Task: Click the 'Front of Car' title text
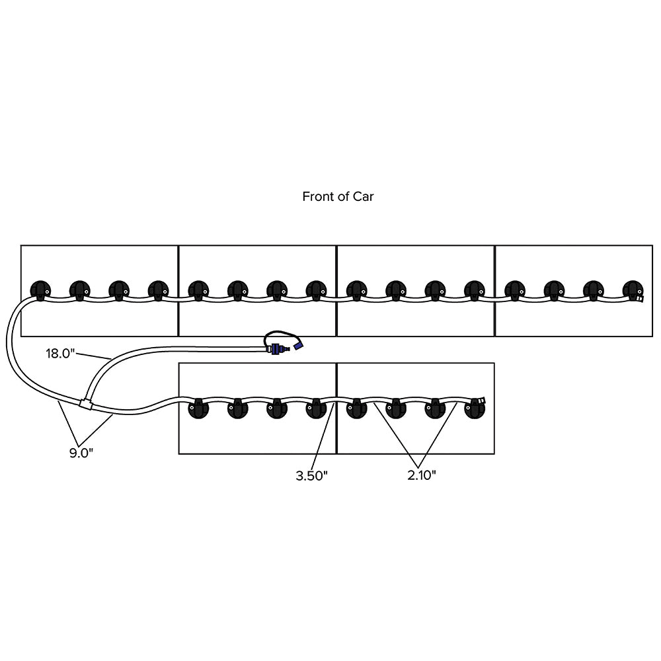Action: (x=338, y=196)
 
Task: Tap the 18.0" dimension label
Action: (x=61, y=354)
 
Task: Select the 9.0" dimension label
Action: (x=81, y=453)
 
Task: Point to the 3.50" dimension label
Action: (x=312, y=476)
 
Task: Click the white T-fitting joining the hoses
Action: (x=85, y=403)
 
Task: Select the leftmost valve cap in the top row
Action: (x=41, y=290)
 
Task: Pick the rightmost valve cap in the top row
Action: (x=632, y=290)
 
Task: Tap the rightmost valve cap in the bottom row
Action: (x=474, y=409)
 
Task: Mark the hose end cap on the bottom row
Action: (x=483, y=401)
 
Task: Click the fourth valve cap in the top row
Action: (x=159, y=290)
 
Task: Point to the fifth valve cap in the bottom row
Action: (x=356, y=409)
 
